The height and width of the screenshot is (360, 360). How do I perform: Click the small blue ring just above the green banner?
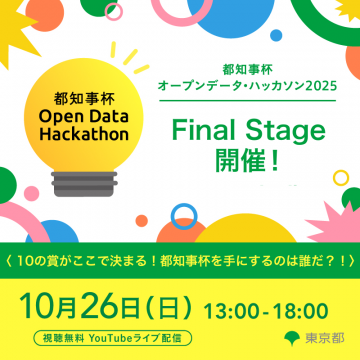[184, 214]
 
